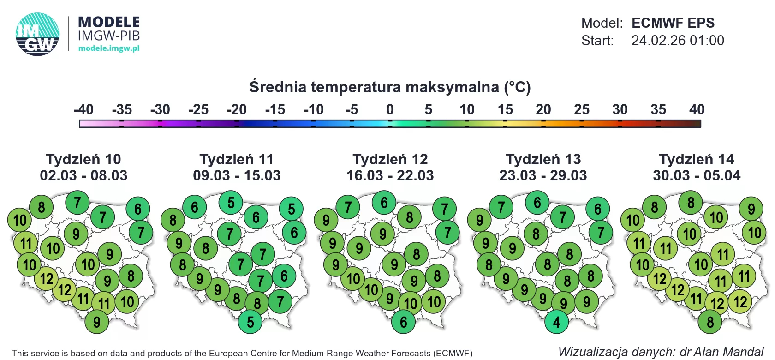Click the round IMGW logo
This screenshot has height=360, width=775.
(x=37, y=34)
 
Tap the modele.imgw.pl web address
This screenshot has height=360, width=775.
(x=109, y=48)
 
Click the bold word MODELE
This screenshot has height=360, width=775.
(x=109, y=22)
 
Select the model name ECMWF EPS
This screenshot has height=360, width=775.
(x=673, y=23)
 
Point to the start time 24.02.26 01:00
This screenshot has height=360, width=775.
(x=678, y=41)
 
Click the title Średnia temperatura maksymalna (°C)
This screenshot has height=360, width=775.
(x=390, y=87)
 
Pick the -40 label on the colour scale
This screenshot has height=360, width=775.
(x=83, y=110)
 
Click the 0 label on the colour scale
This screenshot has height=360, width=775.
(x=390, y=110)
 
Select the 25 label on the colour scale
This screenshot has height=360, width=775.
(x=582, y=110)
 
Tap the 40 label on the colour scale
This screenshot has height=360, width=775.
(x=697, y=110)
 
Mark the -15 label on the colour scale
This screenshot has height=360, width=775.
(x=275, y=110)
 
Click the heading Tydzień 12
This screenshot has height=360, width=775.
(x=390, y=159)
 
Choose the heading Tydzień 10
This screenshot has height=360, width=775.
(x=83, y=159)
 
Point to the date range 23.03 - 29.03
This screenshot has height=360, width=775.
(x=543, y=175)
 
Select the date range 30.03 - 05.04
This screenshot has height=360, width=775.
(x=697, y=175)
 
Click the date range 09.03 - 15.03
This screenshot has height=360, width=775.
(x=237, y=175)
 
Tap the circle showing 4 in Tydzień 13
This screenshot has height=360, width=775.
(x=556, y=322)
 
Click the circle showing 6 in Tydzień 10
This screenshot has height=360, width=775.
(x=137, y=209)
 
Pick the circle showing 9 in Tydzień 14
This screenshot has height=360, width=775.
(x=751, y=209)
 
